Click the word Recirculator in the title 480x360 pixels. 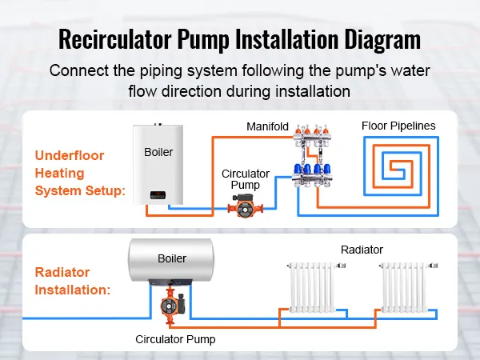point(126,38)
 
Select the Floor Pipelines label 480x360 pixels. point(398,126)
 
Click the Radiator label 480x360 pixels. point(362,250)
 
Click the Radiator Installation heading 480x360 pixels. point(73,281)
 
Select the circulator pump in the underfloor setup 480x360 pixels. point(243,206)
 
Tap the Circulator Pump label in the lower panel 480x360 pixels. point(174,339)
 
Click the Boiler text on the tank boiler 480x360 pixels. point(172,258)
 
